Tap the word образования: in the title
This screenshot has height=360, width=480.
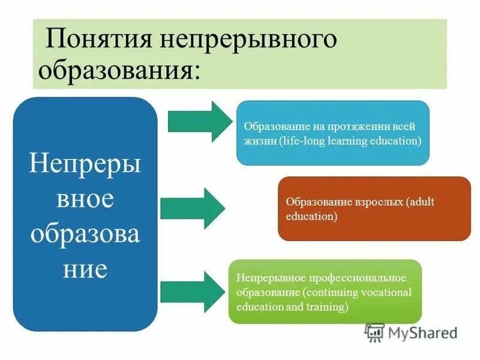pos(120,70)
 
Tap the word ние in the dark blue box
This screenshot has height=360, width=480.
pos(85,269)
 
